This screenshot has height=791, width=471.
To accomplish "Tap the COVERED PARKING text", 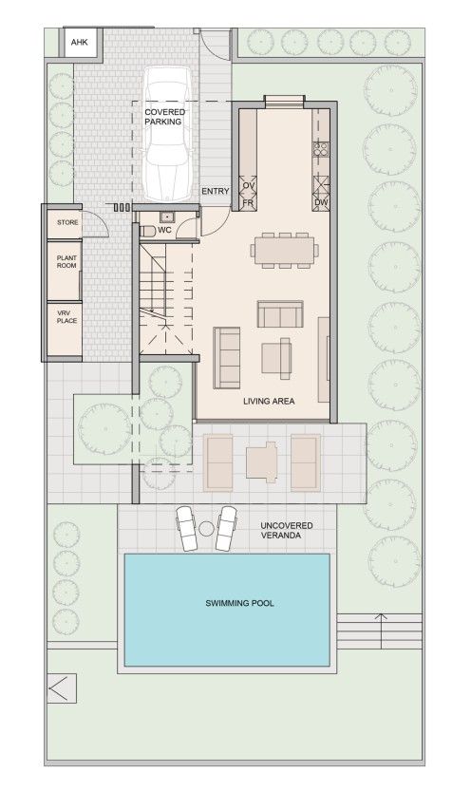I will click(164, 116).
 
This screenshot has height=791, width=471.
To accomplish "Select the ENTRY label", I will click(215, 192).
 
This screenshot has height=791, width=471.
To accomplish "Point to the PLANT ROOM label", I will click(66, 263).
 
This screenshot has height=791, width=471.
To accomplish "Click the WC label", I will click(164, 230).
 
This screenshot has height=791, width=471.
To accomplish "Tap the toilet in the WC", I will click(144, 230).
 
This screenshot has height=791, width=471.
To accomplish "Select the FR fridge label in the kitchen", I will click(249, 203).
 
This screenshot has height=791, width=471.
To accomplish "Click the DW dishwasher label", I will click(320, 203).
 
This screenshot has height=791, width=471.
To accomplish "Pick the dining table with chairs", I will click(284, 249).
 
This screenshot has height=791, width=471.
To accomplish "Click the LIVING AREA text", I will click(269, 402).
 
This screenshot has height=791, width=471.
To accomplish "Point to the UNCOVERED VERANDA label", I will click(287, 531).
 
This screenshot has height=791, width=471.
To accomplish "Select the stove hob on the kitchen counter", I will click(321, 148).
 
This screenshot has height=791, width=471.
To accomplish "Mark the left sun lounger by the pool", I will click(186, 528).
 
